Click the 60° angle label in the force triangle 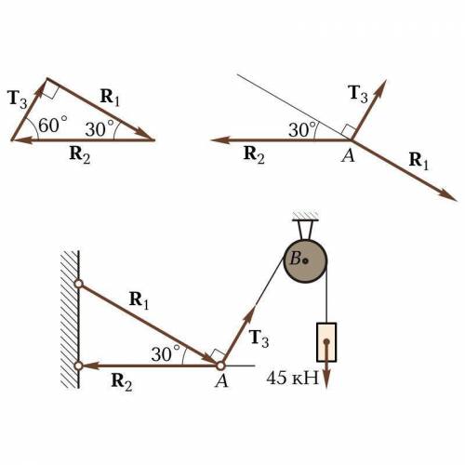53,125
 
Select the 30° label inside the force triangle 100,128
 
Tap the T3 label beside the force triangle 17,100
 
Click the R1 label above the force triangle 110,98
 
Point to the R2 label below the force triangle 80,154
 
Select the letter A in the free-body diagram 348,155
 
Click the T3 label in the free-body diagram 357,94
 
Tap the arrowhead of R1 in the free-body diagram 448,195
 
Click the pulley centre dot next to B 305,260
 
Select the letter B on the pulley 295,259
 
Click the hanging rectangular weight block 326,342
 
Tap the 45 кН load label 292,378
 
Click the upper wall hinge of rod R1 79,284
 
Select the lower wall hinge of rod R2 79,365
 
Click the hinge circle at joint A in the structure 220,365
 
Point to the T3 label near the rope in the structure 259,339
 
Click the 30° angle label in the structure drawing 166,353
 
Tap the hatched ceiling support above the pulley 305,216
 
